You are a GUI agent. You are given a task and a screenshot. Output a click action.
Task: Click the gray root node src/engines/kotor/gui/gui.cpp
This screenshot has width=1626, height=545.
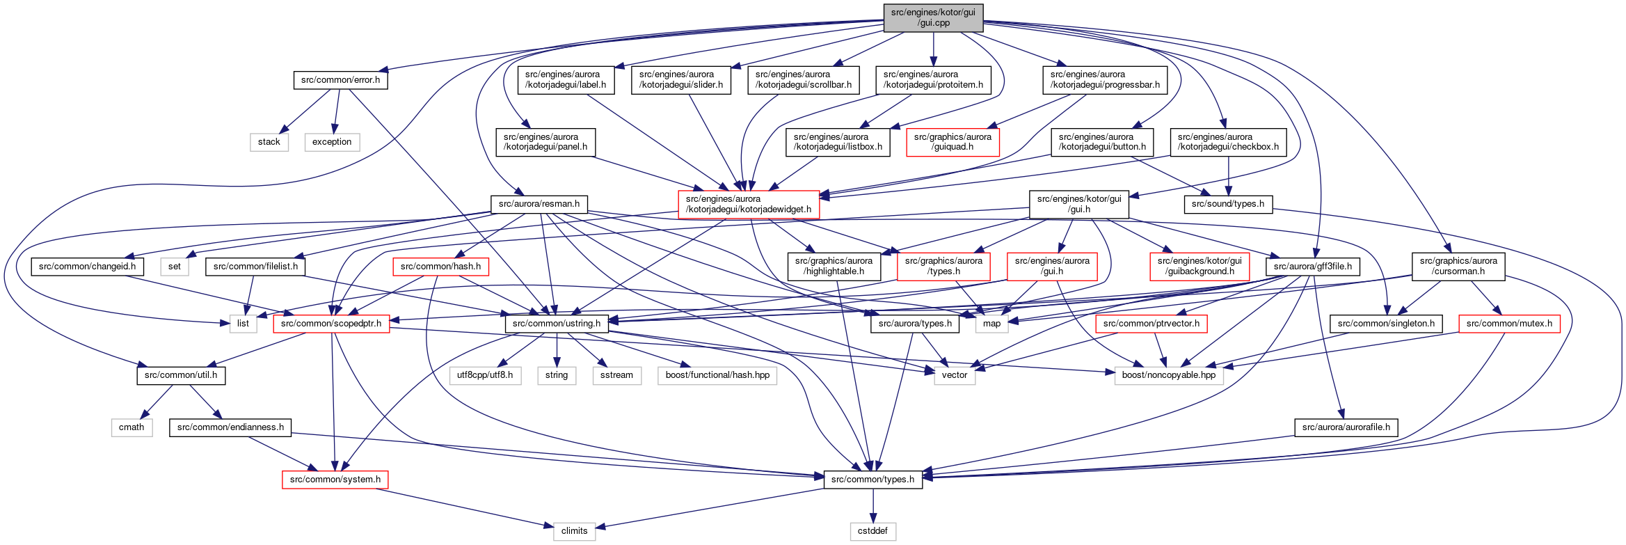[x=933, y=17]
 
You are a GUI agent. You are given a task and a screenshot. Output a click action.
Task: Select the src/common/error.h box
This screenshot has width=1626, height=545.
[x=340, y=80]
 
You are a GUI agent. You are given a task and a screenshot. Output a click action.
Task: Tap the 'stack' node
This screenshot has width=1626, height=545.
[x=269, y=142]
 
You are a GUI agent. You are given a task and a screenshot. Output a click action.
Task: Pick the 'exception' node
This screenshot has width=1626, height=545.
[x=332, y=142]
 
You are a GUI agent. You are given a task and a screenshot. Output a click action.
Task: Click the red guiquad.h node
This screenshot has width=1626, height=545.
[x=953, y=142]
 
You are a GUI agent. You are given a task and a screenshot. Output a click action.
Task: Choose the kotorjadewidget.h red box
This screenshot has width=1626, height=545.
[x=749, y=204]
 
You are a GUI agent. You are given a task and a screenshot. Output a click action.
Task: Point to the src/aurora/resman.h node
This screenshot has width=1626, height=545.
[x=539, y=204]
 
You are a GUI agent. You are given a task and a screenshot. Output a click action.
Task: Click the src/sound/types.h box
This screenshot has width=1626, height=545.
[x=1228, y=204]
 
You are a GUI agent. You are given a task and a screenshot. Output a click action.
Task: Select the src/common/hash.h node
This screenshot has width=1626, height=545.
[x=440, y=267]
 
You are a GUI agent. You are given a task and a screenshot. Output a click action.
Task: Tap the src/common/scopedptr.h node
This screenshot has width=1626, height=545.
[x=331, y=324]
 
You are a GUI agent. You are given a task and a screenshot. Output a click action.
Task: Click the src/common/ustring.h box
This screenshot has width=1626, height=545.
[x=557, y=324]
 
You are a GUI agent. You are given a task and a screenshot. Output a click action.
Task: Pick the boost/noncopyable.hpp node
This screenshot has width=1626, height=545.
[x=1169, y=375]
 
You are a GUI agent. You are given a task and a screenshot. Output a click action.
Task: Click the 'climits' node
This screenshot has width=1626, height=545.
[x=574, y=531]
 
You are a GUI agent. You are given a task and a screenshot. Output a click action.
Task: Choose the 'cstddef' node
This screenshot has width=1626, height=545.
[x=872, y=531]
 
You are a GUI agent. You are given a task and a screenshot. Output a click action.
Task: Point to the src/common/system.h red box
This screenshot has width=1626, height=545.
[x=335, y=480]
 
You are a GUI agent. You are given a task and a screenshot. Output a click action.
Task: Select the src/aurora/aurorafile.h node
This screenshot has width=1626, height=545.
[x=1346, y=427]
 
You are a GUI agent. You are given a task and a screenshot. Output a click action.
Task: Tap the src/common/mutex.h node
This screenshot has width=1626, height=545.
[x=1509, y=324]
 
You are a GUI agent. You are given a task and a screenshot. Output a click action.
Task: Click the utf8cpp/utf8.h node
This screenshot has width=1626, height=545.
[x=485, y=375]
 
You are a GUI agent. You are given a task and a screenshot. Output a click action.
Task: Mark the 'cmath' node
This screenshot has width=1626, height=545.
[x=131, y=427]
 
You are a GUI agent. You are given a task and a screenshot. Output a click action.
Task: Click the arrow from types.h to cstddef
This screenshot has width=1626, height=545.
[x=873, y=505]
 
